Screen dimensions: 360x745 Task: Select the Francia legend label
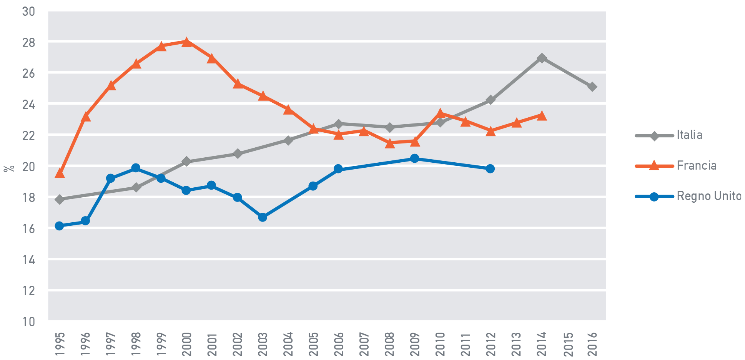696,166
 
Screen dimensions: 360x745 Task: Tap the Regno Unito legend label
708,196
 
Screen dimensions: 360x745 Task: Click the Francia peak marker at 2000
187,42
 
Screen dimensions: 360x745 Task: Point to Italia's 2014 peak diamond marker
542,58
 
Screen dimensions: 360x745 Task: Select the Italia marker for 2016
592,87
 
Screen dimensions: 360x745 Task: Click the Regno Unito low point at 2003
263,217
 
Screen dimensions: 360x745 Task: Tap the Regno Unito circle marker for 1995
59,226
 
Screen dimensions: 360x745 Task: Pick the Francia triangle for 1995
60,173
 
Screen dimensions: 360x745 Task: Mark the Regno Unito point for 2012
490,168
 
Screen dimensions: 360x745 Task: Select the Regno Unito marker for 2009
414,158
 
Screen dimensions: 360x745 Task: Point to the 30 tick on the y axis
28,12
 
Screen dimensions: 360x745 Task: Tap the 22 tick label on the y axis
28,136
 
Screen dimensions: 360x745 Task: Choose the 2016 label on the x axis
592,343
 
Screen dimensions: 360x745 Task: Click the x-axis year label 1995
60,343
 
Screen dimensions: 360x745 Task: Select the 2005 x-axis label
313,343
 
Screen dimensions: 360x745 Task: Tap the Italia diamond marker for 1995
60,199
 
